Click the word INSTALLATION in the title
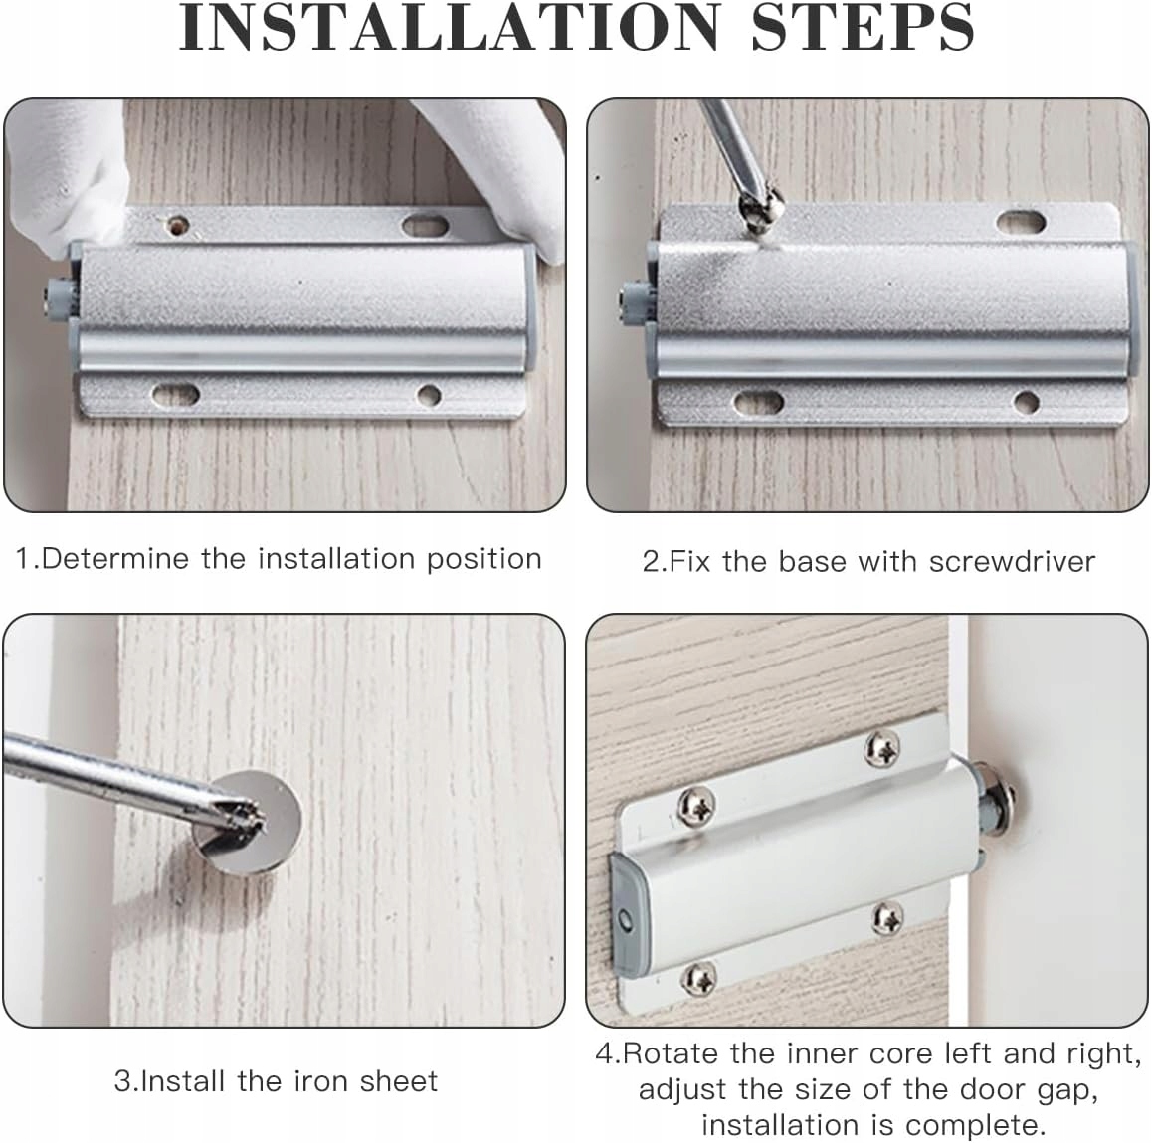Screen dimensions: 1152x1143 pos(450,28)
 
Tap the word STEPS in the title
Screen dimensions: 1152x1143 pos(863,28)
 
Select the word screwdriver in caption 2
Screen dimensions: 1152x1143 pos(1012,562)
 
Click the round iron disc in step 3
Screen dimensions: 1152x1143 pos(250,823)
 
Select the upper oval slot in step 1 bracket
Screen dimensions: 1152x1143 pos(426,225)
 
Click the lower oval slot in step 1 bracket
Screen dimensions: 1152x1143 pos(176,395)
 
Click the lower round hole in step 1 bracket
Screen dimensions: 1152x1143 pos(429,395)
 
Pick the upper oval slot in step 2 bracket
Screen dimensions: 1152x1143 pos(1022,222)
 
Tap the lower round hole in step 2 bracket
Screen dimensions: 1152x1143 pos(1026,402)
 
